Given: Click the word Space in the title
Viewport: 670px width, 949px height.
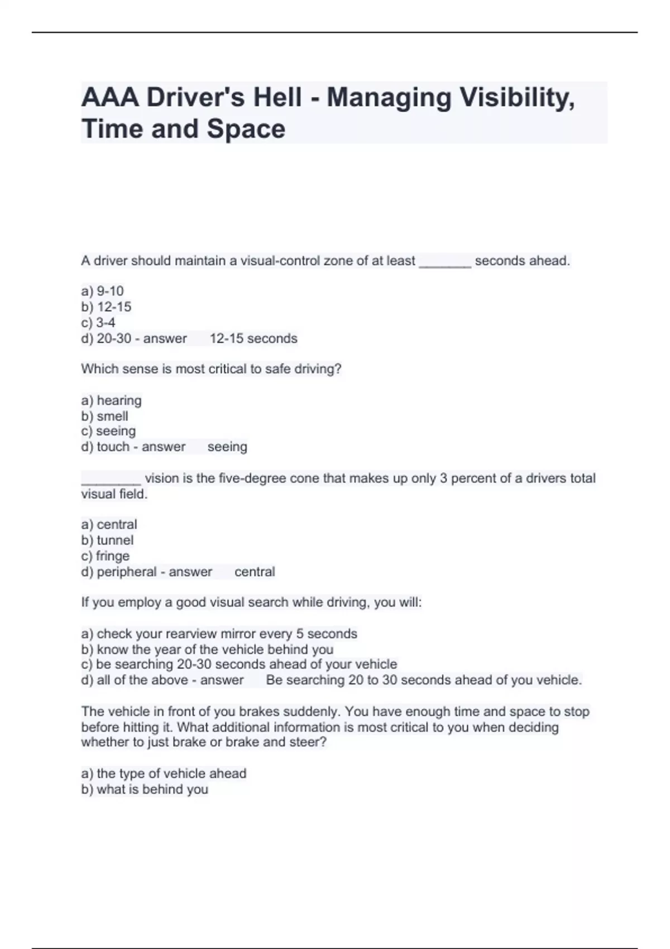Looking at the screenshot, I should [x=246, y=129].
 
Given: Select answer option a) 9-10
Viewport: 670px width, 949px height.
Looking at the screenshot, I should [x=102, y=291].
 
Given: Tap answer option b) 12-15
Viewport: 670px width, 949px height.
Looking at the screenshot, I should [x=106, y=306].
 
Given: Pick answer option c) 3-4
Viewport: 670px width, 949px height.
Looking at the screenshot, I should [x=98, y=322].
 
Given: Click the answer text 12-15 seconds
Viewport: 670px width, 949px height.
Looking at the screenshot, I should [x=253, y=338].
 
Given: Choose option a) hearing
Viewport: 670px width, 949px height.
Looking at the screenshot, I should [x=111, y=400].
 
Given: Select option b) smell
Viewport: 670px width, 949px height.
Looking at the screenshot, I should [x=104, y=416].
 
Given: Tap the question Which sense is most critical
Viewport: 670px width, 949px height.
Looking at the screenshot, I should [x=211, y=369].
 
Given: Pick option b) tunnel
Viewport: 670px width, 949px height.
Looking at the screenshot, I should [x=107, y=540].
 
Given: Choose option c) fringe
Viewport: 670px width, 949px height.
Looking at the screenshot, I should [x=105, y=555].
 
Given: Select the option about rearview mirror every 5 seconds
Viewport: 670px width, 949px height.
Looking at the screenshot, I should [x=219, y=634].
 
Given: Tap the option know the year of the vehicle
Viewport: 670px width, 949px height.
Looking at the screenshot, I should [x=207, y=649].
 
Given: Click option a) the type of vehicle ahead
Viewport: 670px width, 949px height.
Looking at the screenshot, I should [x=164, y=773].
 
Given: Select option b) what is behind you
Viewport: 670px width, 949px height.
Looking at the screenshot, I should [x=145, y=789].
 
